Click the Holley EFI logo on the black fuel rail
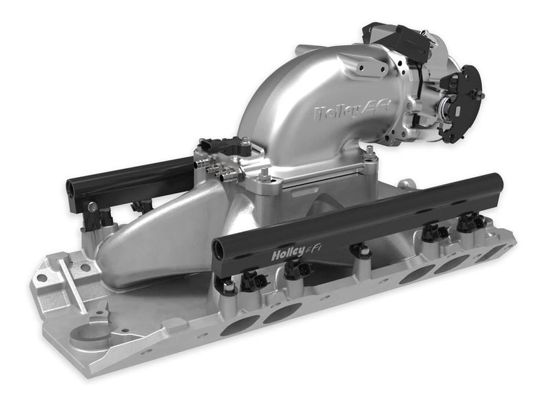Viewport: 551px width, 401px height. (x=297, y=251)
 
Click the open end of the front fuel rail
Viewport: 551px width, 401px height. (x=219, y=249)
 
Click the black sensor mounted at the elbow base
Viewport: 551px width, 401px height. (x=227, y=147)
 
